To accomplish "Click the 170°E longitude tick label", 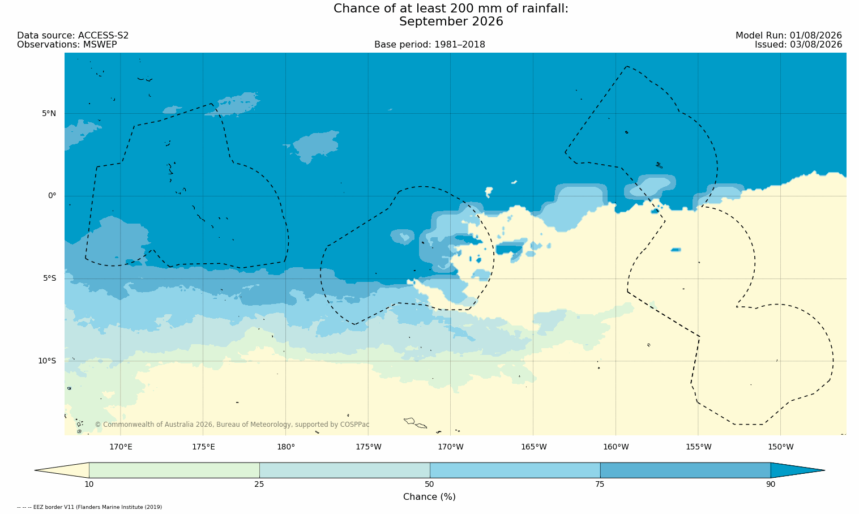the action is (x=121, y=447).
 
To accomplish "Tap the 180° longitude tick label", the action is (x=286, y=447).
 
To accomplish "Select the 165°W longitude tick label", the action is (x=533, y=447).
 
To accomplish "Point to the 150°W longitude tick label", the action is (x=781, y=447).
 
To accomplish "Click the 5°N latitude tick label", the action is (x=49, y=113).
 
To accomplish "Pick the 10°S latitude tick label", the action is (x=47, y=361).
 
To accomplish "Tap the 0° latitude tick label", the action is (x=52, y=196).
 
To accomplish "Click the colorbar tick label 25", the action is (x=259, y=485).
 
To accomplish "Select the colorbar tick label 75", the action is (x=600, y=485).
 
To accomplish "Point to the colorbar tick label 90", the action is (x=771, y=485).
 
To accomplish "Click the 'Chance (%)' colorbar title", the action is (x=429, y=497).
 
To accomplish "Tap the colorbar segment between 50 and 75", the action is (x=515, y=470).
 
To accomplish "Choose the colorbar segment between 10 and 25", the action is (x=174, y=470).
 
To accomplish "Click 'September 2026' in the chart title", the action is (x=451, y=22).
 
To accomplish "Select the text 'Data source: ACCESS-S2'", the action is (x=73, y=36).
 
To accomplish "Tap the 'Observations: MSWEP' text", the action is (x=67, y=45).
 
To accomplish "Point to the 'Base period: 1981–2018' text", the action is (x=429, y=45).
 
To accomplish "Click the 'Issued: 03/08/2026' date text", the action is (x=798, y=45).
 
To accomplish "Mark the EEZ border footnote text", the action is (x=89, y=507).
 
